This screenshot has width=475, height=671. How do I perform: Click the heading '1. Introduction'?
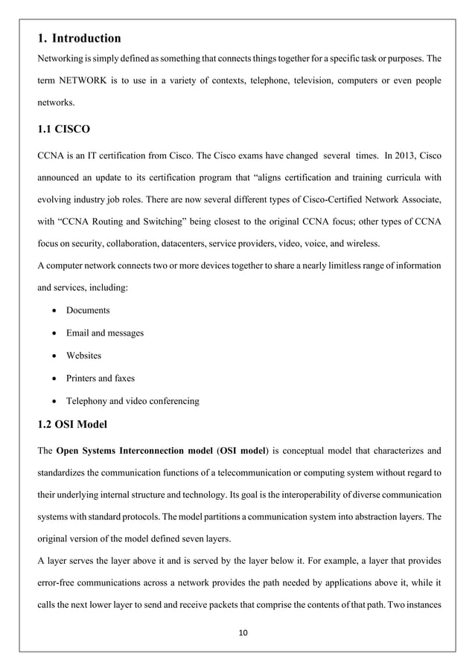78,38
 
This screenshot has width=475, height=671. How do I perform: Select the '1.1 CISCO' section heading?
63,129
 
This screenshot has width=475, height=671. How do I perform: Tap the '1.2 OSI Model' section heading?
74,426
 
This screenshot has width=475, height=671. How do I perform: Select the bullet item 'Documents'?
88,309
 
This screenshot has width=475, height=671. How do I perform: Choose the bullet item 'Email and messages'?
105,333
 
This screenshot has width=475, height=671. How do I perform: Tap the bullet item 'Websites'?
84,356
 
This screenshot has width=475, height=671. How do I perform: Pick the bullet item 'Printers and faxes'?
101,378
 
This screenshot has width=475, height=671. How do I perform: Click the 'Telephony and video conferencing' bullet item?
133,401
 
